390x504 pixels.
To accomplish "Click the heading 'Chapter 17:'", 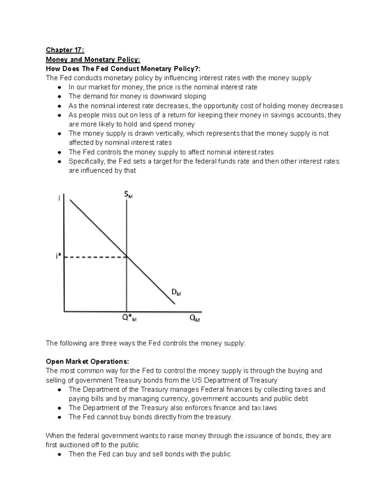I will click(x=65, y=50).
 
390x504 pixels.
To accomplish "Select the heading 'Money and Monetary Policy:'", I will click(x=93, y=59).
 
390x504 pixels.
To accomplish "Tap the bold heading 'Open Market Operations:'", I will click(x=87, y=362).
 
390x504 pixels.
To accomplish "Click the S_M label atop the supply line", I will click(x=128, y=195).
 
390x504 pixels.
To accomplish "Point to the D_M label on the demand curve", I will click(x=176, y=293).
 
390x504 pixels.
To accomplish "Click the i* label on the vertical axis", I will click(x=58, y=257).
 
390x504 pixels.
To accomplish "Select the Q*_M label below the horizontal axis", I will click(x=129, y=318).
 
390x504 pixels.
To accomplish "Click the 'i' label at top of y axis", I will click(x=59, y=198).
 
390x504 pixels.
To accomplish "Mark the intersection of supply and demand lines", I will click(x=126, y=257).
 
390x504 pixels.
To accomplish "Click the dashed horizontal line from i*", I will click(x=94, y=257).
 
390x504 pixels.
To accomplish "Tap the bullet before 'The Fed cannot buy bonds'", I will click(x=59, y=417).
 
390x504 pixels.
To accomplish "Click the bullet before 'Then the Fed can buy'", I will click(x=59, y=454).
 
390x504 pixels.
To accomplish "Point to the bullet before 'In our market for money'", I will click(x=59, y=87).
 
